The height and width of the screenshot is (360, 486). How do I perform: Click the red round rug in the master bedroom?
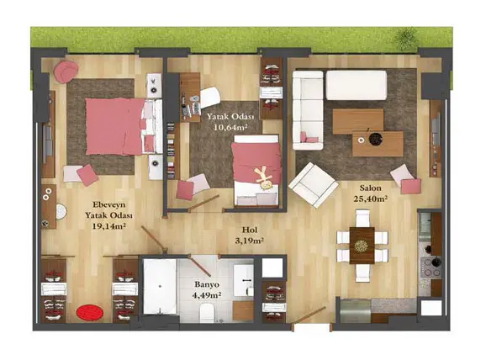point(90,313)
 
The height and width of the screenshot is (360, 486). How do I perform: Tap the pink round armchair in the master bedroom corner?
point(66,71)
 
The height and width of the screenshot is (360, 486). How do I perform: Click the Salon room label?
point(371,188)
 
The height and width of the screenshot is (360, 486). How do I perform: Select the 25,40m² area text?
point(371,199)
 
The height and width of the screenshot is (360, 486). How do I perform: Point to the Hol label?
point(250,230)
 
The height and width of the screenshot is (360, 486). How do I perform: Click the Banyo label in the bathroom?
point(207,284)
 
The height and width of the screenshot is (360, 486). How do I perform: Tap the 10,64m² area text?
point(230,127)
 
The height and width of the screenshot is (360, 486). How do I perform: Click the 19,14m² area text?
point(108,226)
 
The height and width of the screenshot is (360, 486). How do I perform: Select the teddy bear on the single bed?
point(264,178)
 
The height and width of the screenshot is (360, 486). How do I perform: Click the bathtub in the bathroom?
point(160,287)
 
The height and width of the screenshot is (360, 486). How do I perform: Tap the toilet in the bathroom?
point(207,313)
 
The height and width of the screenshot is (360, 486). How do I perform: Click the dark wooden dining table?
point(362,246)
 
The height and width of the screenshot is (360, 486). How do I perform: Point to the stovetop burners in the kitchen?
point(431,267)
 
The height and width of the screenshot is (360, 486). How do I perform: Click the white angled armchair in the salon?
point(313,185)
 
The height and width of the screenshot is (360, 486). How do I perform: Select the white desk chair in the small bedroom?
point(210,97)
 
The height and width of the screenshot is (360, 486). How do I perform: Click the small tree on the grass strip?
point(404,39)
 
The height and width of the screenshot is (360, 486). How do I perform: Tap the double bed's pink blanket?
point(114,126)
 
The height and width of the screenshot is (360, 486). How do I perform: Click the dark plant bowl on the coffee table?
point(376,139)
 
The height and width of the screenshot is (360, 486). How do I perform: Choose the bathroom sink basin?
point(243,280)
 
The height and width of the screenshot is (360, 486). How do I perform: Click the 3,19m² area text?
point(250,241)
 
